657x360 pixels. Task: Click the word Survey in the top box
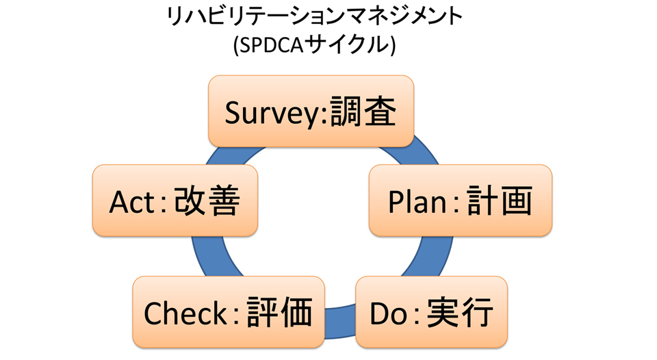(x=272, y=113)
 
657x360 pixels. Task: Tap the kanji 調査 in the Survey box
(x=363, y=112)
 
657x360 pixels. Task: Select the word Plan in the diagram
(x=417, y=202)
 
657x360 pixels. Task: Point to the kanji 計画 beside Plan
(x=499, y=201)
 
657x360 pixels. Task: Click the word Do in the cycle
(x=388, y=313)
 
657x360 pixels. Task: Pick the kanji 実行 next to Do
(x=460, y=312)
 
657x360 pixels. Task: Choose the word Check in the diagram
(x=185, y=313)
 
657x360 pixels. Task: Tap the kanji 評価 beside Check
(x=279, y=312)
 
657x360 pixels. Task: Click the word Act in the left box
(x=132, y=202)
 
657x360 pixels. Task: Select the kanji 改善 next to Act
(x=207, y=201)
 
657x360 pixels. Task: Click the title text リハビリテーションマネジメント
(x=314, y=17)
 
